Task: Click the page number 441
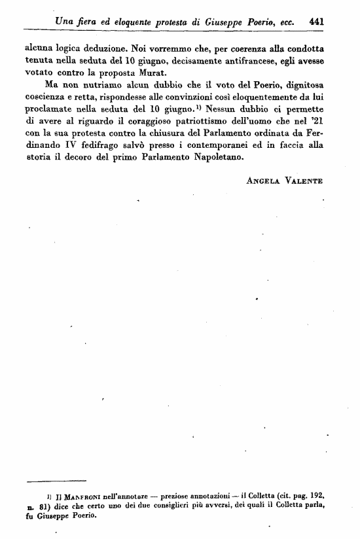[317, 21]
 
